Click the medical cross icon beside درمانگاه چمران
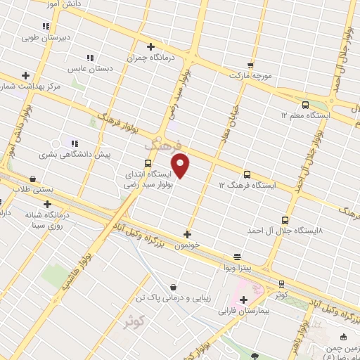(150, 46)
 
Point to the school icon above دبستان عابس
(89, 58)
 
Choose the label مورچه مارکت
(250, 75)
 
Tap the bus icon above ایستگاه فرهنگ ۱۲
(246, 174)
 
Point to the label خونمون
(189, 245)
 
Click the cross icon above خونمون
(187, 234)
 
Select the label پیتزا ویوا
(237, 269)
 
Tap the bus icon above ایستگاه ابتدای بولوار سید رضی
(148, 162)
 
